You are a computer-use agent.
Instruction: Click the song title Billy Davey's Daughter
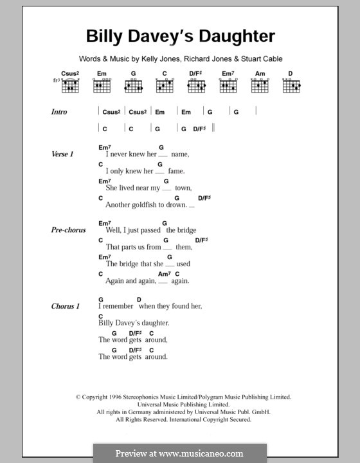point(181,36)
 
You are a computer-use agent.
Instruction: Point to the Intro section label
point(59,112)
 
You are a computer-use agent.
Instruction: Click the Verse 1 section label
point(62,154)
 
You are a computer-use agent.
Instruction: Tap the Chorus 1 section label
point(65,306)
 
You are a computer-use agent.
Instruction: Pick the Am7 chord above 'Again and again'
point(163,274)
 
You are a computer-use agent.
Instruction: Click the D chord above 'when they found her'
point(139,299)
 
